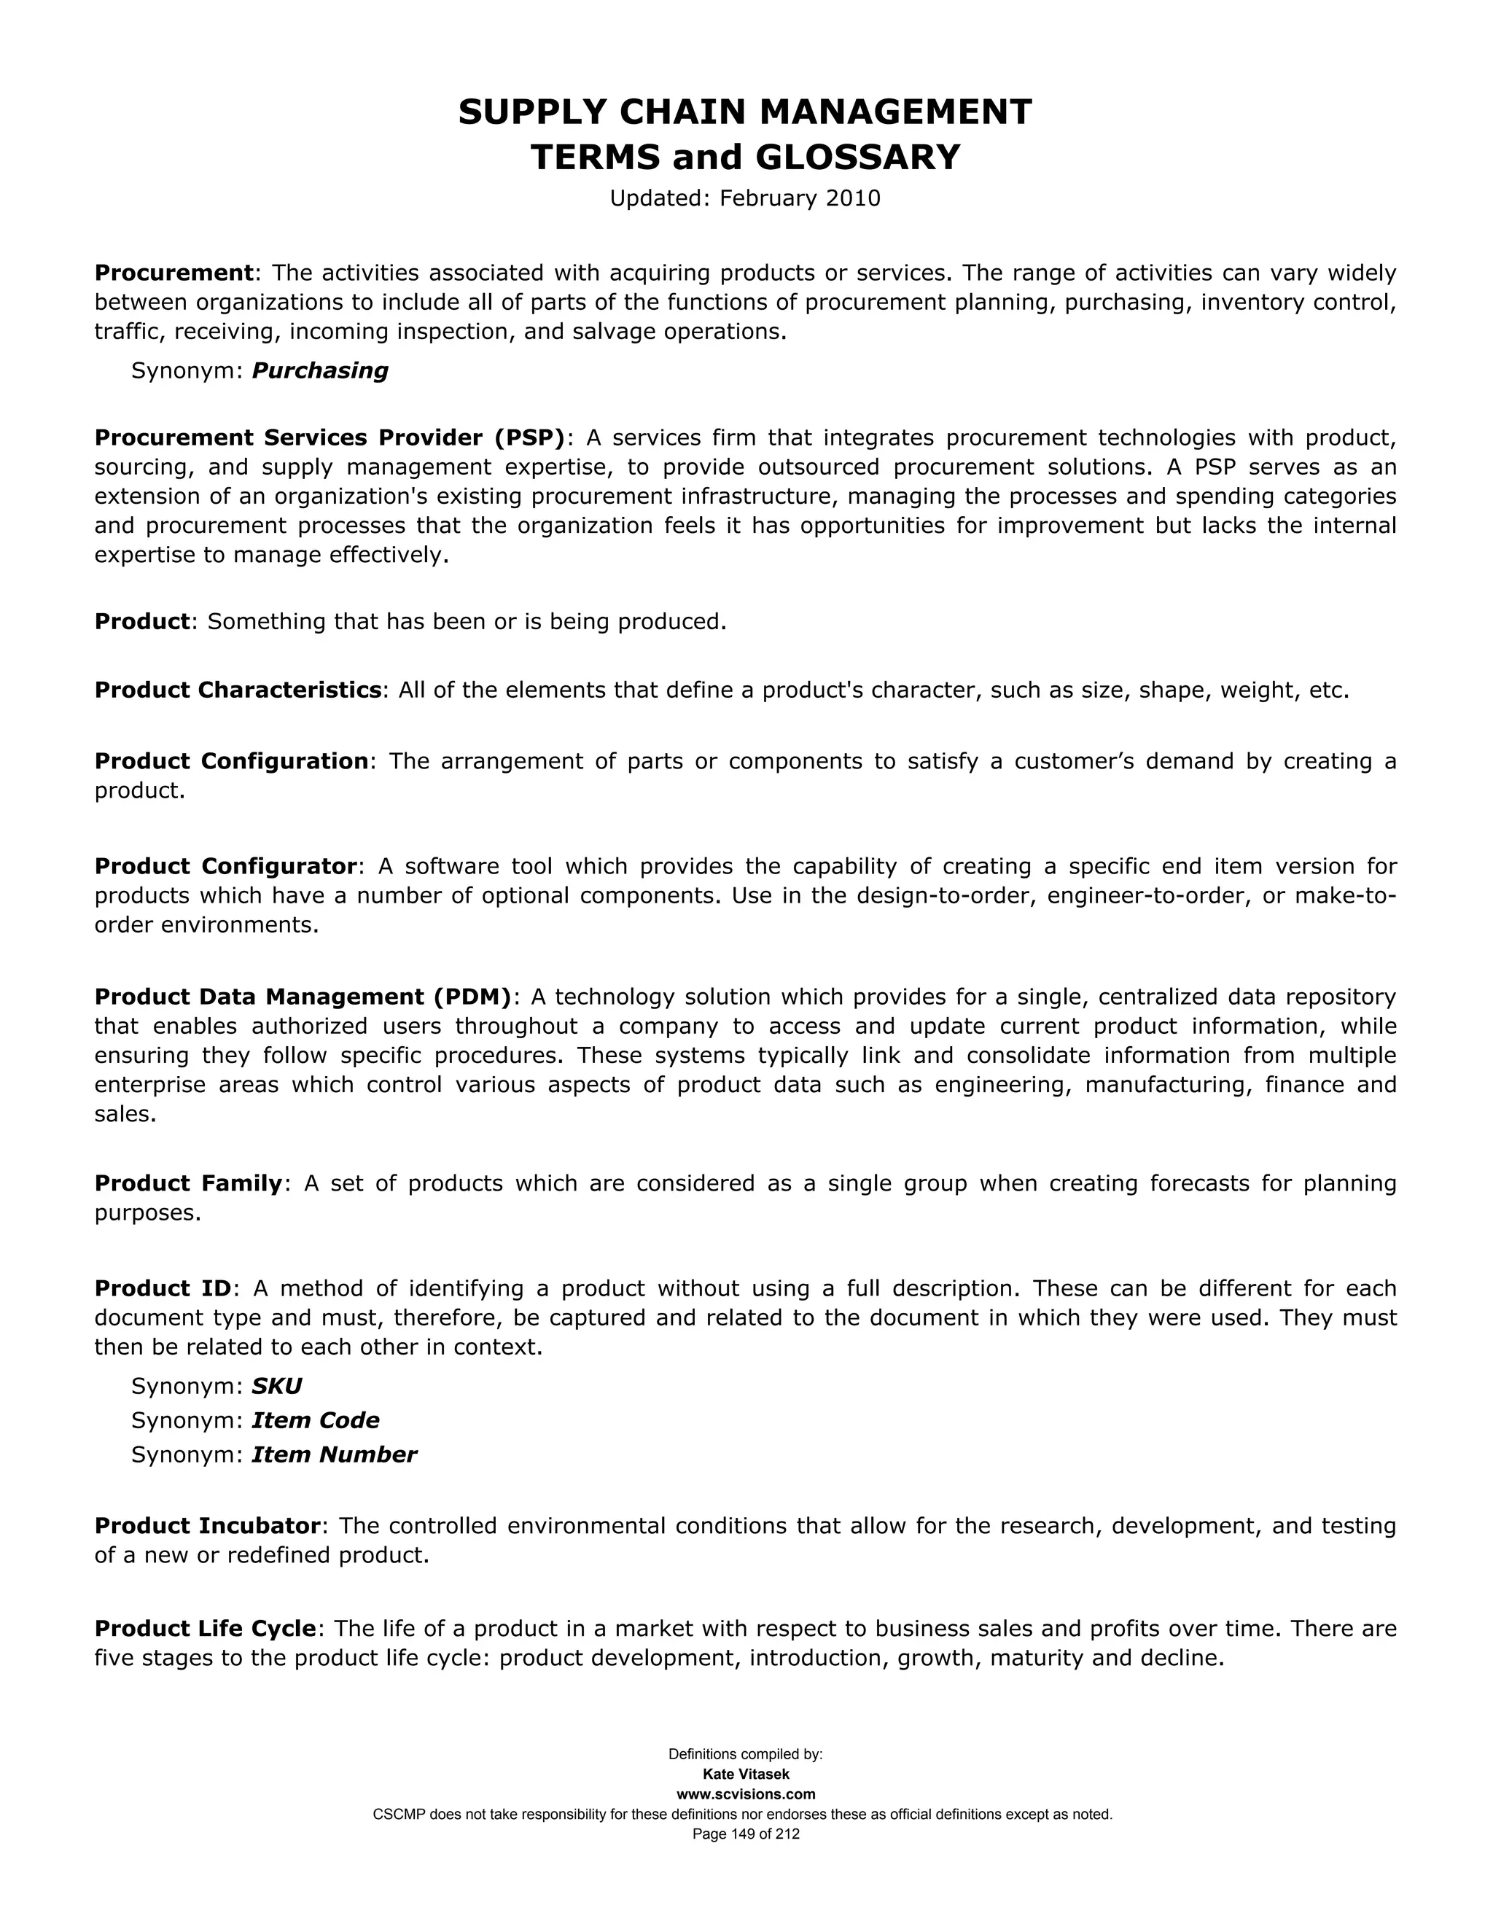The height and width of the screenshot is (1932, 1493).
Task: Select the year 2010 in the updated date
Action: point(853,198)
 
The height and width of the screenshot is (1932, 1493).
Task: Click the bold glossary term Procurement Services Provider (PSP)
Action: point(329,438)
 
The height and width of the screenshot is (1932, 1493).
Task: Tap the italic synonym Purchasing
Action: point(320,370)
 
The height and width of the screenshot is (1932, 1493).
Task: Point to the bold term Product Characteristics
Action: point(238,690)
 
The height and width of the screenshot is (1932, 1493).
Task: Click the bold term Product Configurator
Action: point(225,866)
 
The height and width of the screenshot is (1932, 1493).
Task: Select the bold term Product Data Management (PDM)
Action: point(303,997)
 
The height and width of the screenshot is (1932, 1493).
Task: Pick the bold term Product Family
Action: point(188,1183)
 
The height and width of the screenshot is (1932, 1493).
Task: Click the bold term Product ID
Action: point(163,1288)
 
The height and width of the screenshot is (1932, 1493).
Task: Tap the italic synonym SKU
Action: point(277,1386)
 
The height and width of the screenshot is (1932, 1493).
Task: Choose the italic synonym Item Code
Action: point(316,1421)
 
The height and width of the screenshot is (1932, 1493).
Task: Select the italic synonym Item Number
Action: point(333,1455)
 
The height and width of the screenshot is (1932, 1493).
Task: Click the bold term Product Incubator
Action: point(207,1526)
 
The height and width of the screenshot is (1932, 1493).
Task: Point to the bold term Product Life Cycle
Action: point(205,1629)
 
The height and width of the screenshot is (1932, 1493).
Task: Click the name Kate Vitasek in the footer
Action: point(746,1775)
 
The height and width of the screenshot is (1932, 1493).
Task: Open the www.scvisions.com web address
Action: point(746,1794)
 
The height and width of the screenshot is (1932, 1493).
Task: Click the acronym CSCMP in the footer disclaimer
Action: point(399,1815)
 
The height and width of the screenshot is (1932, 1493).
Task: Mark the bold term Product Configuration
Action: point(232,762)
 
